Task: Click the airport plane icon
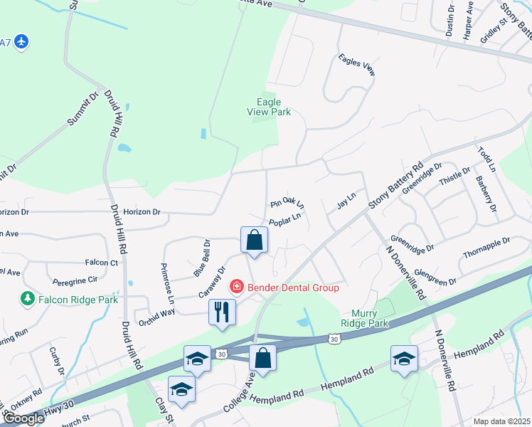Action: [x=21, y=42]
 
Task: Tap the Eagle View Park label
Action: [x=269, y=107]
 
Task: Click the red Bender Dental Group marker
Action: [x=235, y=288]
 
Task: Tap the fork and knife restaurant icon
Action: [x=221, y=312]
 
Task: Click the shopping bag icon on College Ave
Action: [x=262, y=358]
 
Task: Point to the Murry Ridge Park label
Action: [x=370, y=318]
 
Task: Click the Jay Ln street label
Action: [x=346, y=201]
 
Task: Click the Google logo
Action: [x=23, y=418]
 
